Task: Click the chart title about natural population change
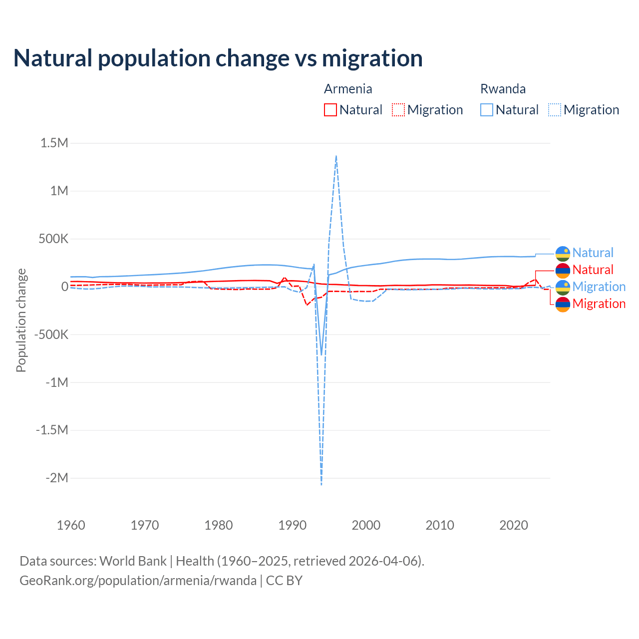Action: coord(218,58)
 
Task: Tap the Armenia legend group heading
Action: coord(348,89)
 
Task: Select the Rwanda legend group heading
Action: coord(503,89)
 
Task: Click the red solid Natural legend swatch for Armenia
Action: coord(330,110)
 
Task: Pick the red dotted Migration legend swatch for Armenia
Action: coord(398,110)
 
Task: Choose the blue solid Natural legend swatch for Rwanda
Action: coord(487,110)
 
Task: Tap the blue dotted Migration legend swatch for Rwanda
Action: coord(555,110)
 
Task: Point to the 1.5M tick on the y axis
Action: coord(54,143)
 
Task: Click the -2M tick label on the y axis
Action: coord(56,478)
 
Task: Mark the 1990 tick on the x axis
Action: coord(293,525)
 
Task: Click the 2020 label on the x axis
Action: coord(514,525)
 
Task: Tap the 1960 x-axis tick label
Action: coord(71,525)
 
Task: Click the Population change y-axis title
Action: coord(21,320)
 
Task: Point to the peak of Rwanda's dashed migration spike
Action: coord(336,156)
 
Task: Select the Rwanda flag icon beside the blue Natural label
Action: coord(563,253)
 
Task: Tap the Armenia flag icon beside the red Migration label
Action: coord(563,304)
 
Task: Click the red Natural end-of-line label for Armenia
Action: coord(593,270)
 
